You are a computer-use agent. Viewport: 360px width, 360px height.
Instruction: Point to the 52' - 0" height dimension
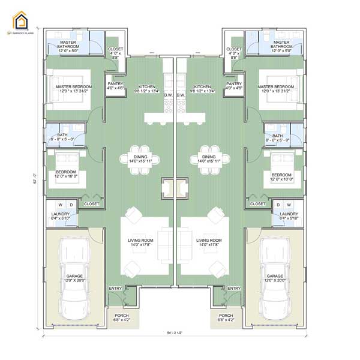[34, 179]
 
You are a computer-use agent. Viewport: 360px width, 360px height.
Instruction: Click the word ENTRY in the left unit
[115, 289]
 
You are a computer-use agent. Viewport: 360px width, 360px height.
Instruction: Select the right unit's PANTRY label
[234, 86]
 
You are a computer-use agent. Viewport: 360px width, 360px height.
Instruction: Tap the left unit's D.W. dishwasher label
[168, 95]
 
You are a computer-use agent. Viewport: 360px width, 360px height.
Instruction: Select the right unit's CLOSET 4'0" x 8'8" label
[234, 52]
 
